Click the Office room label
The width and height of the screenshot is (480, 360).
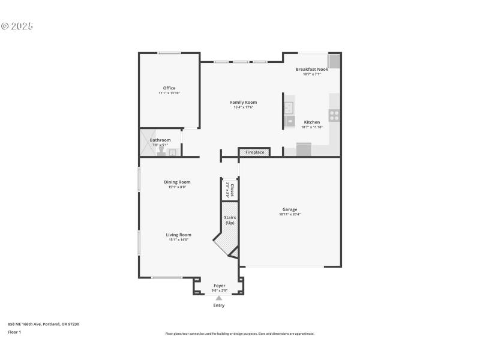(169, 88)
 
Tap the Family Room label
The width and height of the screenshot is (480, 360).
(243, 102)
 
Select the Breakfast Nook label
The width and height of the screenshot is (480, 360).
(311, 69)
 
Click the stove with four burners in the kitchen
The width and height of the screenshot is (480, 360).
(334, 115)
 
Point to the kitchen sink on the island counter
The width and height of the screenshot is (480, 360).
(289, 108)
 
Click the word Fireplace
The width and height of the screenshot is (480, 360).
(254, 152)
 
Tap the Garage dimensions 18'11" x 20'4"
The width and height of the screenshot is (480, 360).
(290, 214)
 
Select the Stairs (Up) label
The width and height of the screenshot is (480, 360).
(229, 220)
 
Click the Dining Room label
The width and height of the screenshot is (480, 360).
(177, 182)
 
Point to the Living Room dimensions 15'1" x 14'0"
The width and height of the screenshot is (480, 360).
(178, 240)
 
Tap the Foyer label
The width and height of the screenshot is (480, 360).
(219, 286)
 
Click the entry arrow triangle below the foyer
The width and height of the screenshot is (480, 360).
(219, 298)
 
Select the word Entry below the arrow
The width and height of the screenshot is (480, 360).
(219, 305)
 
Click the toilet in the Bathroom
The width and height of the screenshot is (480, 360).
(161, 151)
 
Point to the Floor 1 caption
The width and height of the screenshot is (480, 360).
(14, 332)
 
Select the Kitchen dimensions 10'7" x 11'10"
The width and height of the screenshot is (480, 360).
(311, 127)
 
